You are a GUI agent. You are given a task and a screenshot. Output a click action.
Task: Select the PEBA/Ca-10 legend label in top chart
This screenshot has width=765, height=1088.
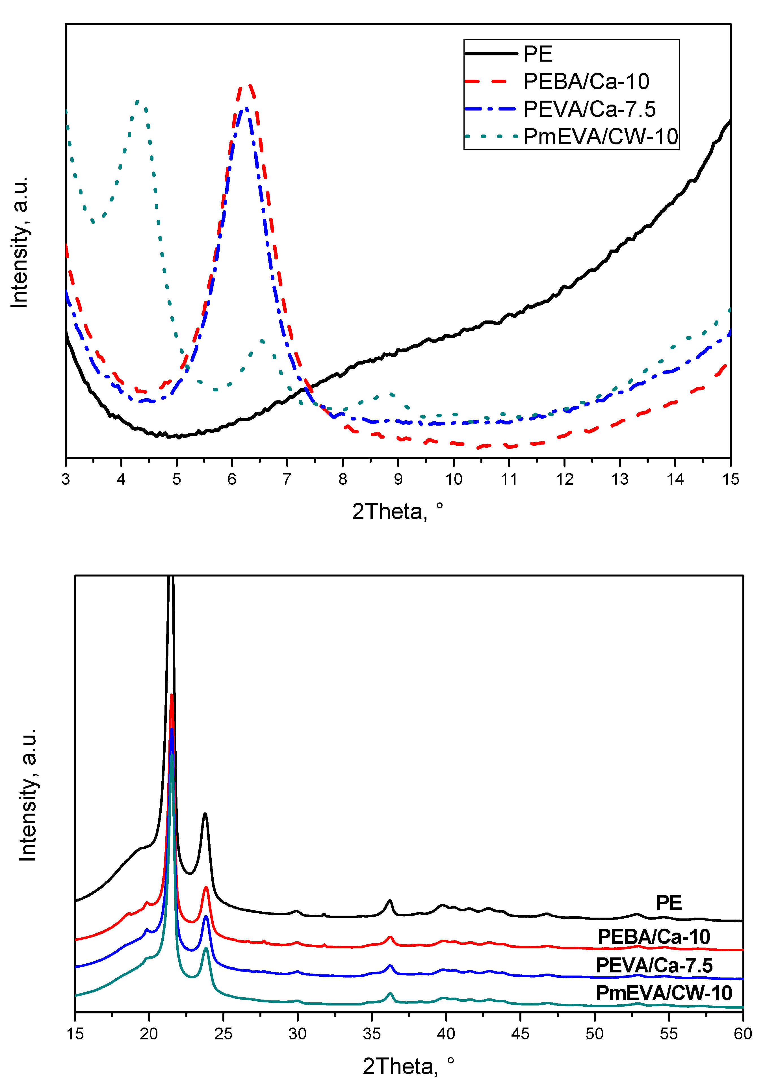coord(586,81)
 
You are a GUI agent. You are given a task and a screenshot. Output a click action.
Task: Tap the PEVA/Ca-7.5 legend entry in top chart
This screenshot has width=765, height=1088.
coord(589,109)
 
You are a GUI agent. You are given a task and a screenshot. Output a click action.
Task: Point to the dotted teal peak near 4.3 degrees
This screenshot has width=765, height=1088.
coord(137,101)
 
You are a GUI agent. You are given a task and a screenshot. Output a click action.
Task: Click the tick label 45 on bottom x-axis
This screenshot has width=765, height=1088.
coord(520,1033)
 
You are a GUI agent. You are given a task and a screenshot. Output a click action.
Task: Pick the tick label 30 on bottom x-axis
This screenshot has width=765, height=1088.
coord(297,1033)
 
